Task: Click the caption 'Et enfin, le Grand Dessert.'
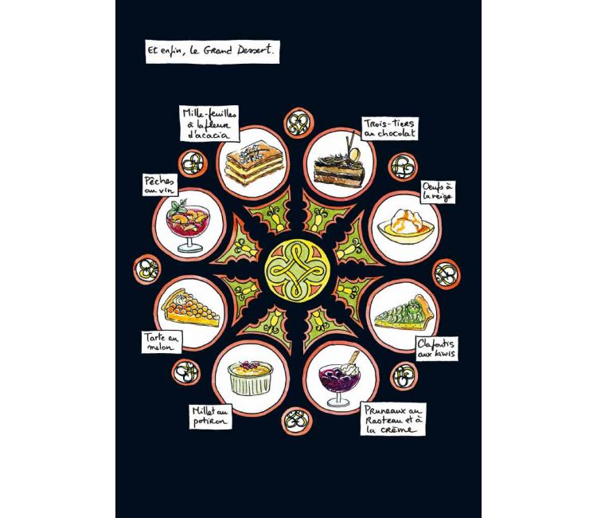[x=213, y=52]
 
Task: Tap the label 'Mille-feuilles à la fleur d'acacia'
[x=209, y=124]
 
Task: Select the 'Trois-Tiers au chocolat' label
[x=389, y=128]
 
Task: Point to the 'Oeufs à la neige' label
[x=438, y=192]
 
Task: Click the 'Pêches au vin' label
[x=160, y=185]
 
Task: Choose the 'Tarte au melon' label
[x=162, y=342]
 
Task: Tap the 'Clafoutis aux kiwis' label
[x=436, y=348]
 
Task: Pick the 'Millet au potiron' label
[x=211, y=417]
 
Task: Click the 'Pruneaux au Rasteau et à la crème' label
[x=394, y=419]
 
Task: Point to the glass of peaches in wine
[x=188, y=226]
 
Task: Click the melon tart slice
[x=190, y=308]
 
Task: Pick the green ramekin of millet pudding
[x=251, y=378]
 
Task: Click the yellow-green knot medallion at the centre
[x=297, y=270]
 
